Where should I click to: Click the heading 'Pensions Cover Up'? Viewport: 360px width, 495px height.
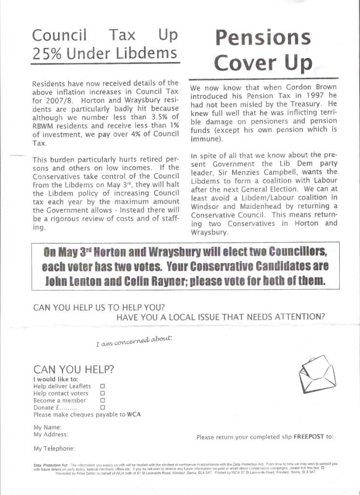tap(263, 50)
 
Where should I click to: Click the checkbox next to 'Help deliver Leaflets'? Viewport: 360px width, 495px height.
tap(102, 386)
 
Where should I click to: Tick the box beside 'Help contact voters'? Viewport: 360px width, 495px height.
tap(102, 393)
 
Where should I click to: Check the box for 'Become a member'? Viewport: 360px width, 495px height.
tap(102, 401)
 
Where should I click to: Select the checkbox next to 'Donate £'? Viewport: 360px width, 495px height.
tap(102, 408)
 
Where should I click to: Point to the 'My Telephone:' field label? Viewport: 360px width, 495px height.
tap(54, 449)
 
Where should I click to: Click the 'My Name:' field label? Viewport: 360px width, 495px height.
tap(47, 427)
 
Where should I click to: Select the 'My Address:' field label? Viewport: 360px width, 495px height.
tap(50, 435)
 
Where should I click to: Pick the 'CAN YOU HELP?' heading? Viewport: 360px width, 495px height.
tap(74, 370)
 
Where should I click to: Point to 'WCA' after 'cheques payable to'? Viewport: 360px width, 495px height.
tap(134, 415)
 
